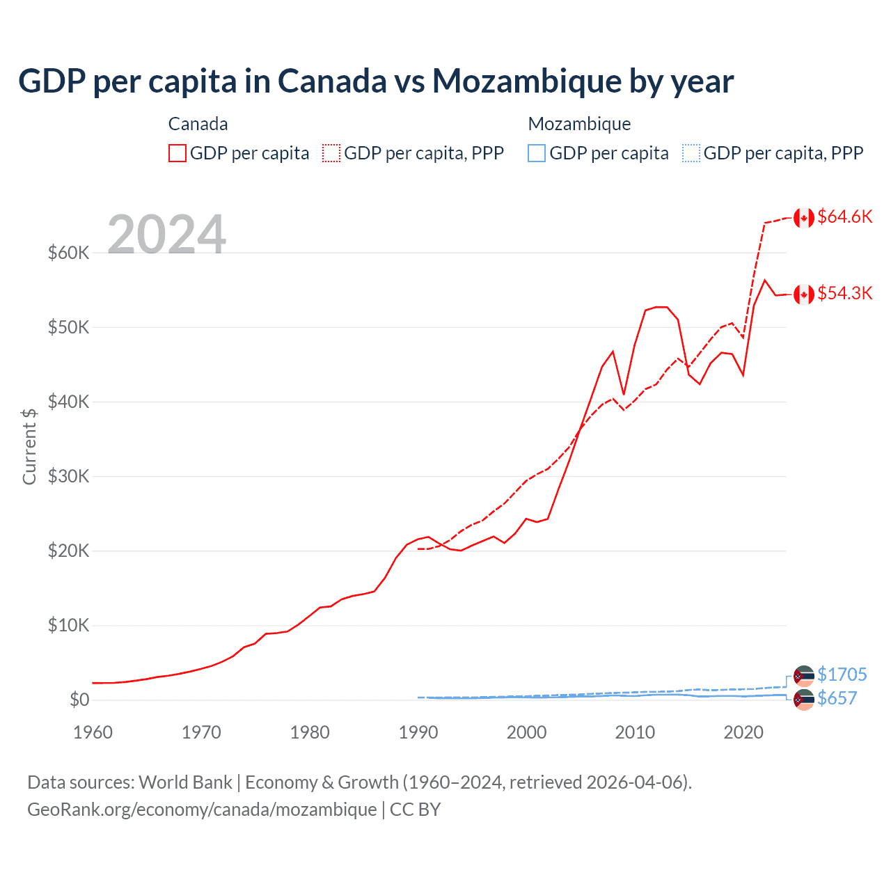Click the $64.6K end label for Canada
(x=844, y=216)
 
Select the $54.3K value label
(x=844, y=293)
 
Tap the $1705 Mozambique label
(x=842, y=675)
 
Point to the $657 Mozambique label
(x=837, y=698)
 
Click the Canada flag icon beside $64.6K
(x=804, y=218)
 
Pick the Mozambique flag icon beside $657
(x=804, y=700)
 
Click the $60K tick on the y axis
(x=69, y=253)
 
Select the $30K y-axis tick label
(x=69, y=476)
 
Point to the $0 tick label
(x=79, y=700)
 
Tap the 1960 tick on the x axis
(x=93, y=732)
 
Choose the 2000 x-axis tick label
(x=526, y=732)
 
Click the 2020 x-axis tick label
(x=743, y=732)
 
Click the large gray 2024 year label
(x=167, y=235)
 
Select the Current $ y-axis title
(x=29, y=446)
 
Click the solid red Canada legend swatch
(x=178, y=153)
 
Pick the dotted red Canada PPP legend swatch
(x=331, y=153)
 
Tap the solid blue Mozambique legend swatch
(x=537, y=153)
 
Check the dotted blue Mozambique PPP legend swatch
(x=691, y=153)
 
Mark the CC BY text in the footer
(x=415, y=810)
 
